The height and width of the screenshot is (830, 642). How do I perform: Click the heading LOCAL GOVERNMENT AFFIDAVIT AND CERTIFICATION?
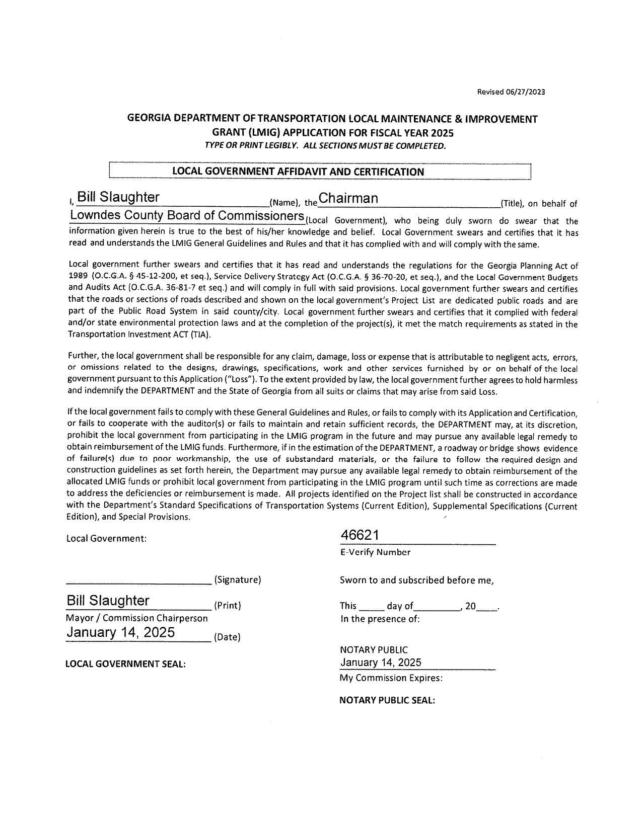click(x=298, y=172)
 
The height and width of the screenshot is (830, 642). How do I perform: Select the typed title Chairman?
click(x=348, y=199)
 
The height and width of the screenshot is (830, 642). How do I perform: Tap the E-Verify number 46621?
click(x=360, y=535)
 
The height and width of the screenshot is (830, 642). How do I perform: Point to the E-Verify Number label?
click(x=375, y=552)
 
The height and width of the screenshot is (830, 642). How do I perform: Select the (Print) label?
click(x=228, y=606)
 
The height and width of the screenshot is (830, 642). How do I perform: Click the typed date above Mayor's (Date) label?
click(x=121, y=632)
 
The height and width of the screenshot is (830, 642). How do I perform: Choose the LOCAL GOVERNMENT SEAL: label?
click(x=126, y=664)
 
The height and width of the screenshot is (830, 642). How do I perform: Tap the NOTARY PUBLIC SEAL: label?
click(x=387, y=700)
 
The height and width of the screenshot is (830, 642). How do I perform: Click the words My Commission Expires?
click(x=391, y=678)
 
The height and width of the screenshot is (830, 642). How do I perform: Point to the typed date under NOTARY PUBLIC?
click(x=381, y=662)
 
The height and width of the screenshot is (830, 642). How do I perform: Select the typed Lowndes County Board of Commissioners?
click(x=187, y=216)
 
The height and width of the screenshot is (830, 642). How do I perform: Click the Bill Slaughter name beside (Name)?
click(x=118, y=198)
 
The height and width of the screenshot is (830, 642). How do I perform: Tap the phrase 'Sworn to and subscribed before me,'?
click(x=417, y=580)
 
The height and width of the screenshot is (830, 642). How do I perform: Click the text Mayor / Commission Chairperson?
click(x=137, y=618)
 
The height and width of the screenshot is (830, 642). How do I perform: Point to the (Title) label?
click(x=512, y=204)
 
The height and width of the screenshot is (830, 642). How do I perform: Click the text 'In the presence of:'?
click(x=380, y=619)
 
